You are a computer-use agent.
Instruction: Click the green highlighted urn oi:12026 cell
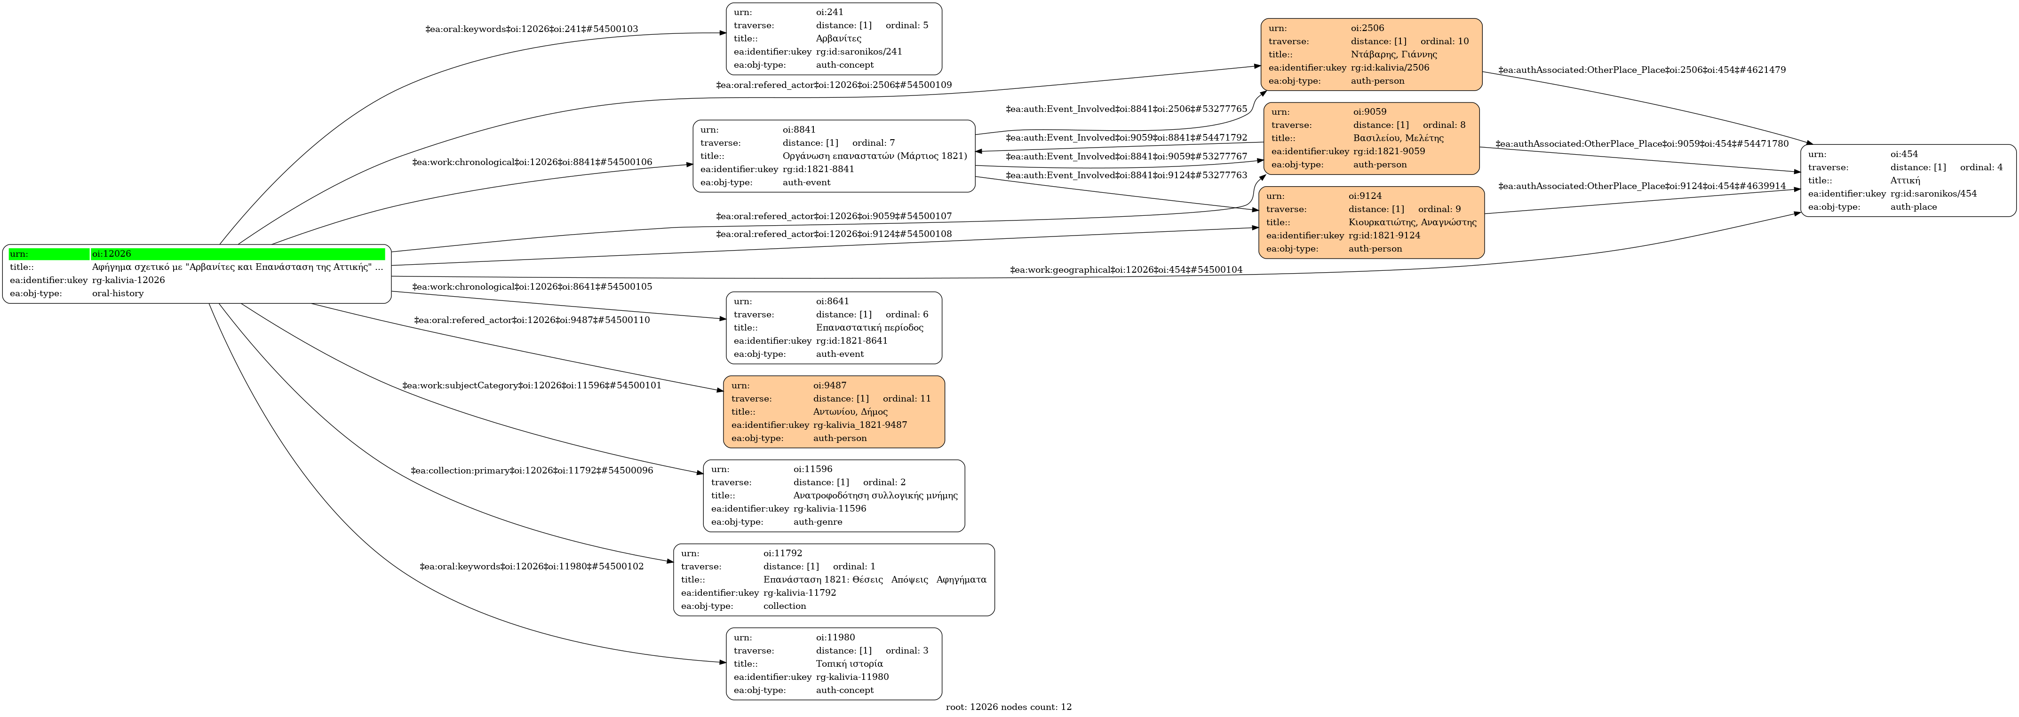[238, 254]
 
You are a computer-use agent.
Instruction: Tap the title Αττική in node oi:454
[1905, 180]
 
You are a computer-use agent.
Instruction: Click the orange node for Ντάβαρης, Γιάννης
[1371, 54]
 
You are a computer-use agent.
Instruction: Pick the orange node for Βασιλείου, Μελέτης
[1371, 138]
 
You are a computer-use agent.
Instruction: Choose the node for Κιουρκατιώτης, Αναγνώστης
[1371, 222]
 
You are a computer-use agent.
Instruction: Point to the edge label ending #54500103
[532, 29]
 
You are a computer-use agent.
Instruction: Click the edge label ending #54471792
[1126, 138]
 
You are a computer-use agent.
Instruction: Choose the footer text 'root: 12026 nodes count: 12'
[1008, 707]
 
